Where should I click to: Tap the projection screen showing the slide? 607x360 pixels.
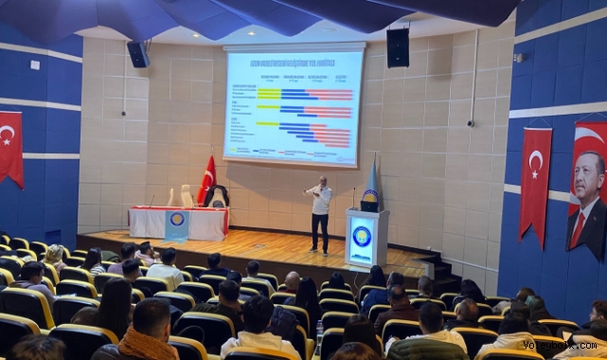click(x=294, y=104)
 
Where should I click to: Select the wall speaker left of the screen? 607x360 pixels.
click(x=138, y=54)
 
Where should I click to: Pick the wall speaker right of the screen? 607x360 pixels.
click(x=398, y=47)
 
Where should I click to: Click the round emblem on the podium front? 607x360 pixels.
click(x=362, y=236)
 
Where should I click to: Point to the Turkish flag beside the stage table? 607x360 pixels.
click(x=206, y=180)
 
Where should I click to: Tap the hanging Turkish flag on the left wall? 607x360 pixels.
click(x=10, y=148)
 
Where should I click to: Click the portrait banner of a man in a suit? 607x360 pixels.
click(x=587, y=189)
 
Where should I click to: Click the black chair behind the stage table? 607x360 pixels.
click(x=219, y=197)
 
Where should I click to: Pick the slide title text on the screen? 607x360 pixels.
click(x=294, y=62)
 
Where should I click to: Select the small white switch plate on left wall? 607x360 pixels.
click(x=34, y=65)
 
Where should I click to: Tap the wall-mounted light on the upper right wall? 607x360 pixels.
click(x=519, y=58)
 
